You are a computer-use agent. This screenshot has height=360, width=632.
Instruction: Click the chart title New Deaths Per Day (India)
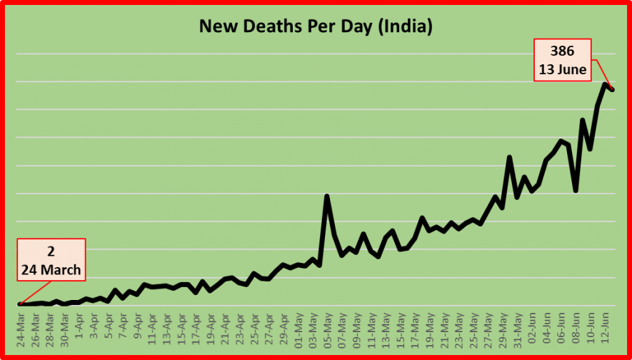tap(315, 28)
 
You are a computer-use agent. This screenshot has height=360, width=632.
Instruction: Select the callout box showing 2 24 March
tap(51, 261)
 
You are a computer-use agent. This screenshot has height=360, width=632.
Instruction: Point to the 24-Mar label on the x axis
tap(21, 326)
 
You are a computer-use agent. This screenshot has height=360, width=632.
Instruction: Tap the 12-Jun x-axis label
tap(604, 326)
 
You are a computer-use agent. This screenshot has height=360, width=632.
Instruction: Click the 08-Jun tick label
tap(575, 326)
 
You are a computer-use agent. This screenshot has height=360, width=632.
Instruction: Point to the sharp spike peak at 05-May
tap(327, 196)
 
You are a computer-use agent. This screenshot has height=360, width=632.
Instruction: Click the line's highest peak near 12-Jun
tap(605, 84)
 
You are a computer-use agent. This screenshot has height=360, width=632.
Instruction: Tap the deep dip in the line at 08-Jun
tap(576, 190)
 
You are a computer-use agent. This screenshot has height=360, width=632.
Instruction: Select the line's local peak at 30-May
tap(509, 157)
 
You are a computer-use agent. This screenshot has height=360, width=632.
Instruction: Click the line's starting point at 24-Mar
tap(21, 304)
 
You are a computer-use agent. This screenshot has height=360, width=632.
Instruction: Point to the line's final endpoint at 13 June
tap(612, 89)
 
